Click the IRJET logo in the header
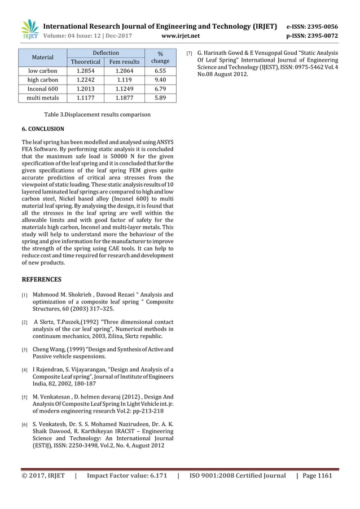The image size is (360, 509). click(29, 29)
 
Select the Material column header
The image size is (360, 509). click(43, 57)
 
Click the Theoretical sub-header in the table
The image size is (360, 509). click(85, 62)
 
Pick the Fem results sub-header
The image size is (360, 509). click(124, 62)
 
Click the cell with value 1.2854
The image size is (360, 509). click(85, 71)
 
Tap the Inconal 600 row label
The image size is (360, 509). click(43, 89)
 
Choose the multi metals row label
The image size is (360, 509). click(43, 98)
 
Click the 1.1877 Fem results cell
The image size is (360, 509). click(124, 98)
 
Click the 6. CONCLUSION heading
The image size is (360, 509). click(43, 129)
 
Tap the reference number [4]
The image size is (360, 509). click(24, 370)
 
